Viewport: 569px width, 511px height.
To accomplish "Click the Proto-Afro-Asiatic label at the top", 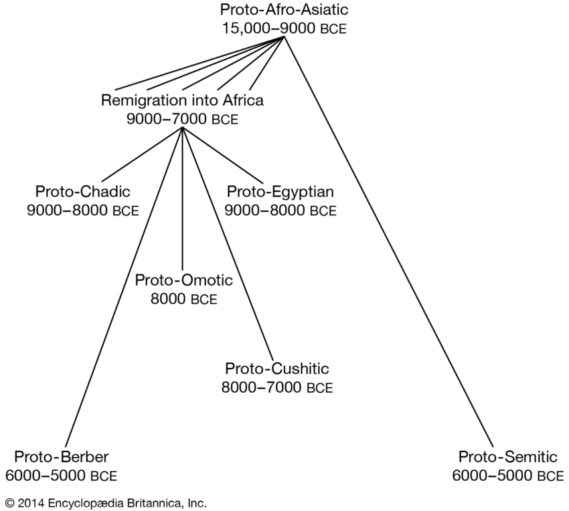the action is point(284,9).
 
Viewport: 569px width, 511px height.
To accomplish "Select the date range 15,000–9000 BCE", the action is point(284,28).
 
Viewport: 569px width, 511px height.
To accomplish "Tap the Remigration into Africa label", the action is point(182,100).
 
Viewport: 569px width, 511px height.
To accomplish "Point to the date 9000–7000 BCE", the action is point(182,119).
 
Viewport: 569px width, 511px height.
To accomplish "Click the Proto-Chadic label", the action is point(83,191).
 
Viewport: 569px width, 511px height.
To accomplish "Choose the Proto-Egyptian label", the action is point(280,191).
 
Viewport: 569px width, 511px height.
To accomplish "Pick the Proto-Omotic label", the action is point(183,280).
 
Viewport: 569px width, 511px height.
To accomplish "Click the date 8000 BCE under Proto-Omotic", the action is point(183,299).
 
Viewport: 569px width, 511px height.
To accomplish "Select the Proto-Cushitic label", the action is point(277,369).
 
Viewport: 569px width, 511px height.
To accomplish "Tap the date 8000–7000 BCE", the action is point(277,387).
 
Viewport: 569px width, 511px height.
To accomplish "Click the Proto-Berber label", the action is point(62,457).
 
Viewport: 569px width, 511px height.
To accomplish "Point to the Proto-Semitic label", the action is point(507,457).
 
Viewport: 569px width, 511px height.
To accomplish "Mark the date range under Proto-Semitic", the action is point(507,476).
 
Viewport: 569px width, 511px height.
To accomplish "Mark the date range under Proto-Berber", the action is point(62,476).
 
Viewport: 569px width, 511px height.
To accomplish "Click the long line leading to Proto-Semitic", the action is point(389,242).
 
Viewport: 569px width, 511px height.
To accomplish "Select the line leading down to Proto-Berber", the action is point(124,288).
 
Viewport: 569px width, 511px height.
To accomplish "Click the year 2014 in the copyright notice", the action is point(31,504).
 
